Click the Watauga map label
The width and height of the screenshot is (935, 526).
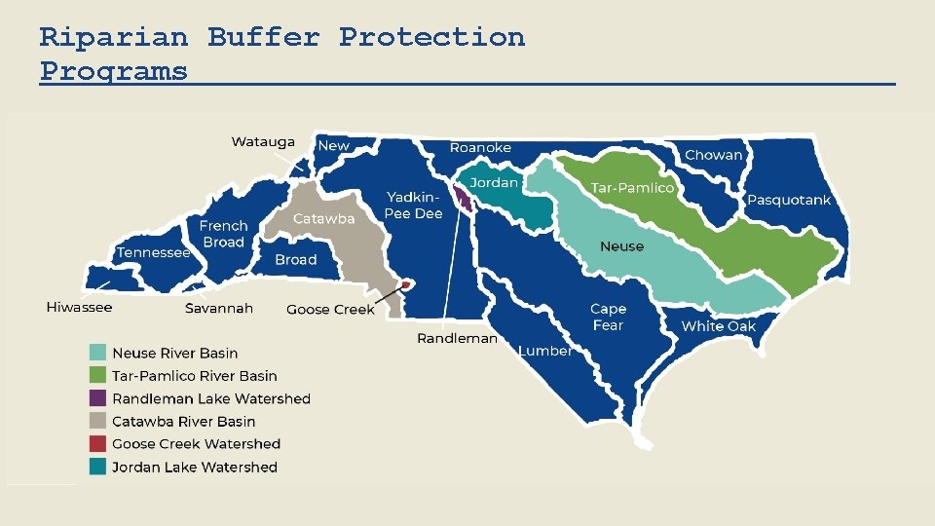click(x=262, y=142)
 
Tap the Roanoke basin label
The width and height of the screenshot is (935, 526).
click(x=480, y=148)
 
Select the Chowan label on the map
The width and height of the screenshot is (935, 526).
click(x=713, y=155)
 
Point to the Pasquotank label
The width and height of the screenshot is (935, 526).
click(x=789, y=200)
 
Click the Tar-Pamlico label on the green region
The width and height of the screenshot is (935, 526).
click(x=632, y=188)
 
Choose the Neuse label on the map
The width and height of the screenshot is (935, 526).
click(x=621, y=246)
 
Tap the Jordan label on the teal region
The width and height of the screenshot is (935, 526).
click(x=494, y=183)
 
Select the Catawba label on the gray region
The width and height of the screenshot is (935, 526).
click(x=324, y=219)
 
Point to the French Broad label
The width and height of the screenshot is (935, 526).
click(x=224, y=234)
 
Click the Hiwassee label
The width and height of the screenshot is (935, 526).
click(x=79, y=308)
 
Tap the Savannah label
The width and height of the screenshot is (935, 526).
click(x=219, y=309)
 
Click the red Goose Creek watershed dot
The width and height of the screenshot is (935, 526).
click(x=406, y=284)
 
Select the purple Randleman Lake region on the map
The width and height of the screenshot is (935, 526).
click(x=465, y=201)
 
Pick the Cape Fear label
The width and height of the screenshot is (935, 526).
click(x=608, y=318)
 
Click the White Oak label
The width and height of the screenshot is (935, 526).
click(x=718, y=326)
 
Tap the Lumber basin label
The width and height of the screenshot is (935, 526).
click(x=544, y=351)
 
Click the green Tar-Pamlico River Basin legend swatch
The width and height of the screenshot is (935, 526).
click(x=97, y=376)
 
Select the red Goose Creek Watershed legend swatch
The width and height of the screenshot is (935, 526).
click(x=97, y=444)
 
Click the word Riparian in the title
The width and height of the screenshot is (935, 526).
click(x=113, y=38)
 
